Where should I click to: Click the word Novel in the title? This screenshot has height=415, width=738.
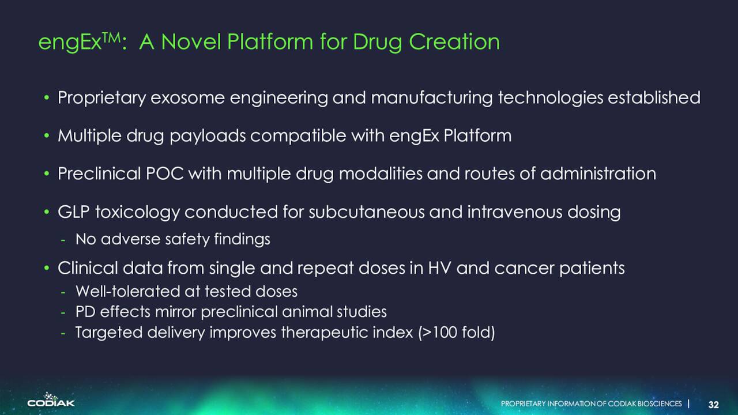click(191, 42)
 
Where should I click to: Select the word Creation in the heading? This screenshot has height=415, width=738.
click(454, 42)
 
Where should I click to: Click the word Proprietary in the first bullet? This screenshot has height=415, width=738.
click(101, 98)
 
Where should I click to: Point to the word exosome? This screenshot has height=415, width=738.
click(187, 98)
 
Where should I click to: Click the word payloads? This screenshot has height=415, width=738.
click(208, 136)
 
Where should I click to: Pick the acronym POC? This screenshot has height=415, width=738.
click(164, 173)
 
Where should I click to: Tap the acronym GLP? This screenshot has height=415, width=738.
click(74, 212)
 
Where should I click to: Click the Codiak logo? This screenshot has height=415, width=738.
click(51, 399)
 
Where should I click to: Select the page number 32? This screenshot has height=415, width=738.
click(714, 405)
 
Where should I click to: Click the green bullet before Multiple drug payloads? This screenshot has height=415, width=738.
click(47, 135)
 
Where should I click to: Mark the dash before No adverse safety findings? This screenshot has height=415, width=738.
click(63, 240)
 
